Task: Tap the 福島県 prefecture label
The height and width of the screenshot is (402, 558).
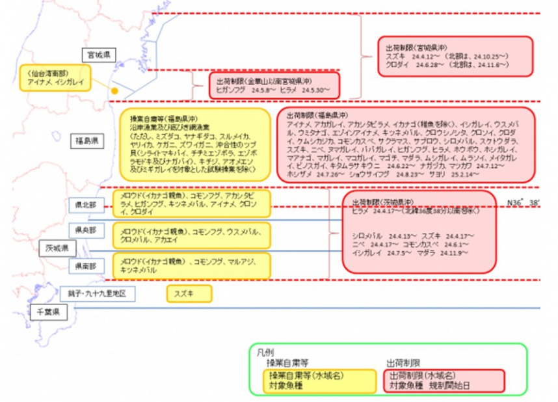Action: (85, 141)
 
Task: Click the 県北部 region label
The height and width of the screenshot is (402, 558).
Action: (86, 205)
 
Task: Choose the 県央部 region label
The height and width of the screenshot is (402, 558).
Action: (86, 230)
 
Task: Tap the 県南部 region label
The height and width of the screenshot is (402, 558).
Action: (86, 266)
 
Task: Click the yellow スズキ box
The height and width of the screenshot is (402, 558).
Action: (189, 294)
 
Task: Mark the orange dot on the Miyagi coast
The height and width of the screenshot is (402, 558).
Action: (114, 92)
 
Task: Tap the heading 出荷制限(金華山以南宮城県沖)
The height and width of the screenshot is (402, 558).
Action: (260, 81)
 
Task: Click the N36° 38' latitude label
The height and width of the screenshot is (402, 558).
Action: (524, 203)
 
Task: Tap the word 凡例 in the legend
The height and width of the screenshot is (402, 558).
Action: (265, 352)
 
